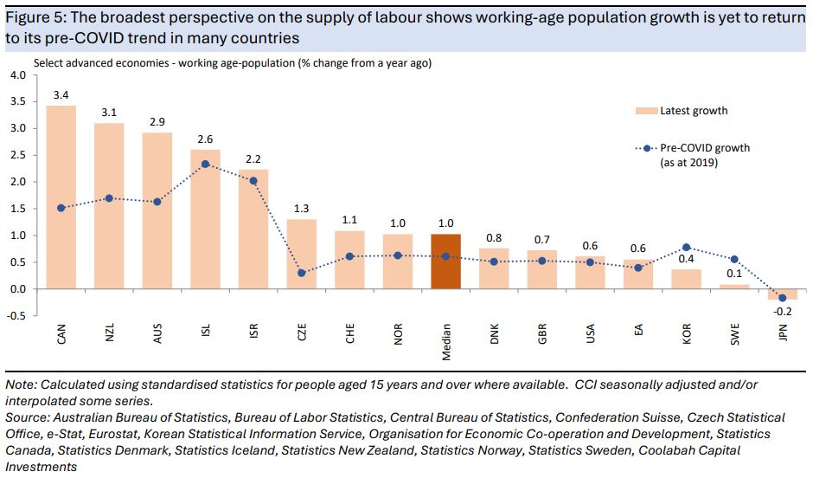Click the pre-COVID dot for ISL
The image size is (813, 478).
coord(205,164)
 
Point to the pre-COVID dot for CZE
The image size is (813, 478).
coord(301,273)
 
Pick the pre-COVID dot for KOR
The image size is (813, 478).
coord(686,248)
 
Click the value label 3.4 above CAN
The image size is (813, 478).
coord(61,94)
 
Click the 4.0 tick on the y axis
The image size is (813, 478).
coord(18,74)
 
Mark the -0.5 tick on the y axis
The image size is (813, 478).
coord(16,315)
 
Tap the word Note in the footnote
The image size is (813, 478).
coord(19,384)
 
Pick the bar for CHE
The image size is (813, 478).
coord(349,260)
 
